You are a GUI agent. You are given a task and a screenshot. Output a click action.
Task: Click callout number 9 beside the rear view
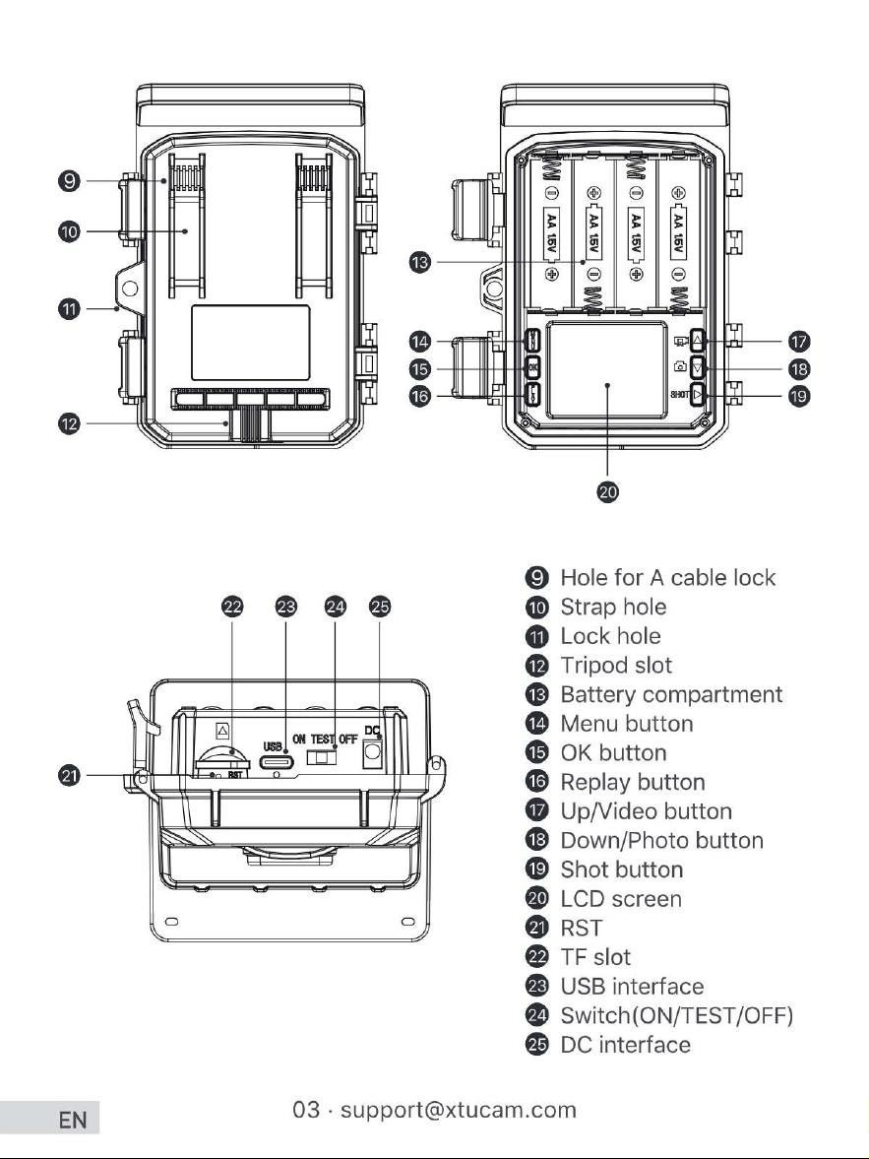click(69, 180)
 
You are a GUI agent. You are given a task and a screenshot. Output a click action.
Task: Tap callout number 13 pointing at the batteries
click(419, 262)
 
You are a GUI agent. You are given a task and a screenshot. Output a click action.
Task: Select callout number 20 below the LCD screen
click(607, 491)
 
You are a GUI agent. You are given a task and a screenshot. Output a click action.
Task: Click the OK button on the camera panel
click(533, 367)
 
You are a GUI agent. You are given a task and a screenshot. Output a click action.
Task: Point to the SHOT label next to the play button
click(680, 395)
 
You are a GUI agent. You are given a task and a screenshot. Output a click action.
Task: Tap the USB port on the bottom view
click(277, 763)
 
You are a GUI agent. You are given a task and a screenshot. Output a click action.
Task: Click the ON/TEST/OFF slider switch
click(322, 757)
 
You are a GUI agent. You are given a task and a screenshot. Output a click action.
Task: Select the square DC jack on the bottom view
click(372, 754)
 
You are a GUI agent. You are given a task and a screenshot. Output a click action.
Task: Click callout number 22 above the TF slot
click(233, 607)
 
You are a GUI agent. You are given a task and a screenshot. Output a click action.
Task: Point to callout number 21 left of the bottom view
click(69, 775)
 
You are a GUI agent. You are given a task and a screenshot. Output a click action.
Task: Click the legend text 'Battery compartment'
click(671, 695)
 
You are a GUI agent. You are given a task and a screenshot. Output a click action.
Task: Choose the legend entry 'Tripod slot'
click(616, 666)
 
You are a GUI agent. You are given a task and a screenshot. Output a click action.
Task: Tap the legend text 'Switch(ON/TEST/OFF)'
click(677, 1015)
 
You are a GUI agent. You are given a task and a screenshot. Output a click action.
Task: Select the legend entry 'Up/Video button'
click(646, 810)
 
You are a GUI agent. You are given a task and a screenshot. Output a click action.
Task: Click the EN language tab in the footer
click(73, 1120)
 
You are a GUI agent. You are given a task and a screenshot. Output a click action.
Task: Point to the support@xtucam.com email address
click(459, 1110)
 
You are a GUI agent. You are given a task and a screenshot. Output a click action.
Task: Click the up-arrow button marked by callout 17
click(699, 340)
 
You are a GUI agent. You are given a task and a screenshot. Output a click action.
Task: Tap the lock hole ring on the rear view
click(130, 288)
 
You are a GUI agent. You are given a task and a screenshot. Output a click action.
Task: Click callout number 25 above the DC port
click(380, 607)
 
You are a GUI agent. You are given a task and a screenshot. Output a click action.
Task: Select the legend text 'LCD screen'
click(621, 899)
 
